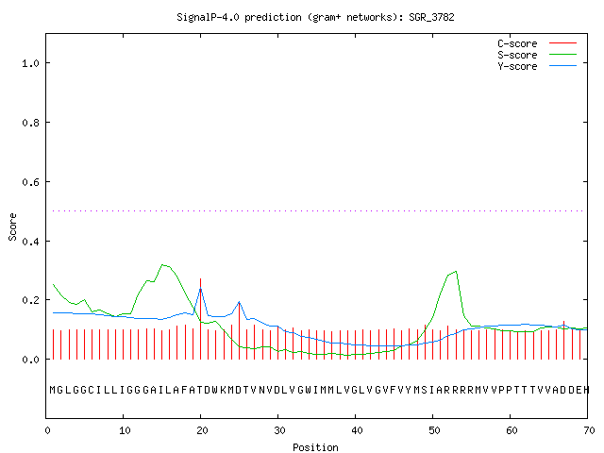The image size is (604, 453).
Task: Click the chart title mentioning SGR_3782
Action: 315,17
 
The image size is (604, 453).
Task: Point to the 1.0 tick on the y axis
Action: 30,63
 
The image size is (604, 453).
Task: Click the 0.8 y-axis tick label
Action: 30,123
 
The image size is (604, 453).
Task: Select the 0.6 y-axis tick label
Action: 30,182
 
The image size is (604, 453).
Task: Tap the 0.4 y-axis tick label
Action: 30,242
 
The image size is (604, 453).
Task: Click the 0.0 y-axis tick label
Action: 30,360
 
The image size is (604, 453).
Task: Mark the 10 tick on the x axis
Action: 125,430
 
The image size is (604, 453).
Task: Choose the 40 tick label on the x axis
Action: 357,430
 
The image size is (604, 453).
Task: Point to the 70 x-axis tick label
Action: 589,430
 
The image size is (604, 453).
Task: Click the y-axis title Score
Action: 12,226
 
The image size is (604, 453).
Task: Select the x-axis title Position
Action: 315,447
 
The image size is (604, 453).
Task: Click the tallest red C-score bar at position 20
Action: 201,319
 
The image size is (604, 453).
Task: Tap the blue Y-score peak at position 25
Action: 239,302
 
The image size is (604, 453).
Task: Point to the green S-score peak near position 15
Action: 163,265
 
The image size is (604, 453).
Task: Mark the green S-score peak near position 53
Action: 456,272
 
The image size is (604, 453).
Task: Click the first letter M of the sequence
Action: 53,390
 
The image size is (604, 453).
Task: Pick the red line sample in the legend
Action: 562,43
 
